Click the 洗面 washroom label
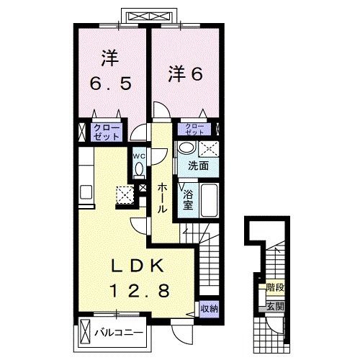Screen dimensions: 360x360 point(198,166)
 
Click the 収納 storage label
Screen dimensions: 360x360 point(209,308)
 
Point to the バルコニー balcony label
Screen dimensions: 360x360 point(119,333)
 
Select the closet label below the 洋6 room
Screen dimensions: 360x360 point(196,130)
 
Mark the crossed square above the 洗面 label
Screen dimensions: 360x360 point(210,149)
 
